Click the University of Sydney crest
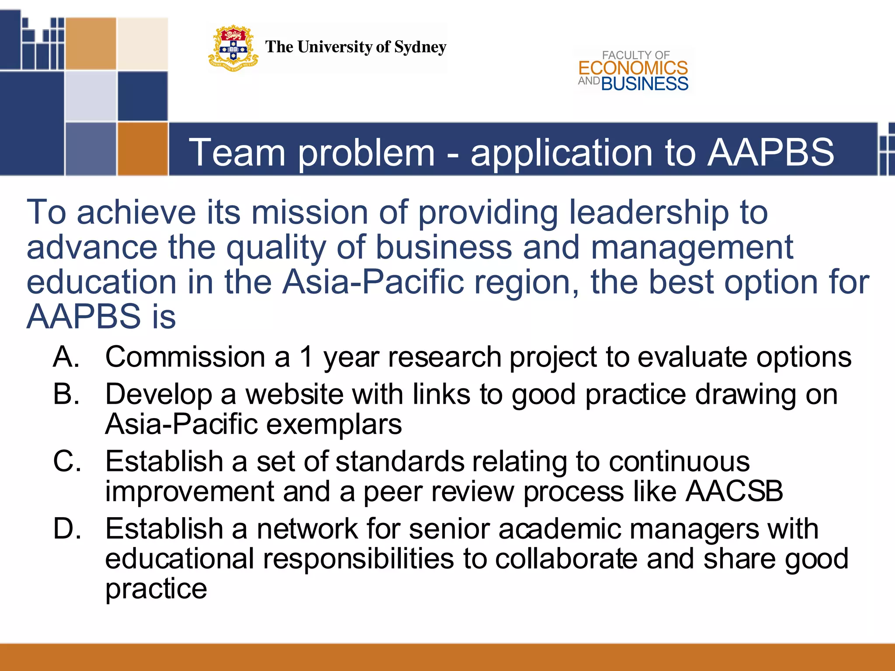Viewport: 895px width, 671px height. coord(233,48)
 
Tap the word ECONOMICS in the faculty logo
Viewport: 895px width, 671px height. coord(633,68)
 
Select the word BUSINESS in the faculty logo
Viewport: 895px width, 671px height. coord(645,83)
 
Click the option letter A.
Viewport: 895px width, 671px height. coord(66,357)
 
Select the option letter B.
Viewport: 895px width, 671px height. coord(66,394)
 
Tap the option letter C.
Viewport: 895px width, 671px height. coord(67,461)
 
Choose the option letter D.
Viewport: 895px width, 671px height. coord(67,529)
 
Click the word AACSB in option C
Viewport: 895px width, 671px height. coord(734,491)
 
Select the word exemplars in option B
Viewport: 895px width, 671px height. coord(334,424)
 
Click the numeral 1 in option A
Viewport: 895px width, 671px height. coord(307,357)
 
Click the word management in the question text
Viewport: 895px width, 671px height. coord(692,248)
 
